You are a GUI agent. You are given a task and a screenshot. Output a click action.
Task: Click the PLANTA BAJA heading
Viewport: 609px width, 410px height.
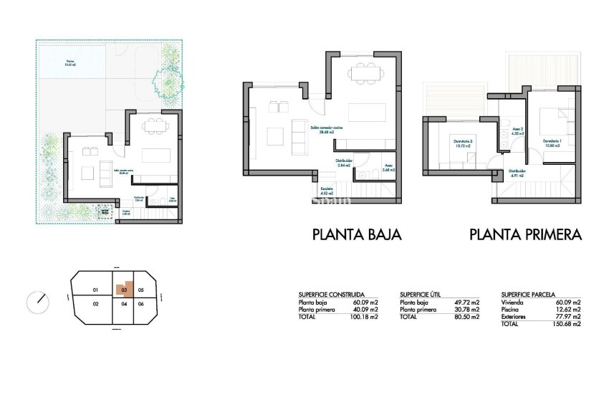coord(357,234)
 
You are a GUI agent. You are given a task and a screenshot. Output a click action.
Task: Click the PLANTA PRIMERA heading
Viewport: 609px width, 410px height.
coord(524,234)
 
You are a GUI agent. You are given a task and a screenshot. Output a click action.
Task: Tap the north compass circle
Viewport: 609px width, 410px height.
coord(38,302)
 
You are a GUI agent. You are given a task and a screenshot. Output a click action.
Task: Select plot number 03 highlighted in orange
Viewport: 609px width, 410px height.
coord(125,290)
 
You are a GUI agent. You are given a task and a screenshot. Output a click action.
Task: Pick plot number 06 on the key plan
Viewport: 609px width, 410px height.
coord(141,304)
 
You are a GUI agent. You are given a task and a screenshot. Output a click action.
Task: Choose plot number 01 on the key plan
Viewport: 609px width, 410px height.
coord(95,290)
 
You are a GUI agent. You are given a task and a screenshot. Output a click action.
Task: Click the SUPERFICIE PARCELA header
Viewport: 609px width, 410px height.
coord(530,295)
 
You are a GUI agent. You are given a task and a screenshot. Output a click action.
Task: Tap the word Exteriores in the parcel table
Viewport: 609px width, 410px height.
coord(514,316)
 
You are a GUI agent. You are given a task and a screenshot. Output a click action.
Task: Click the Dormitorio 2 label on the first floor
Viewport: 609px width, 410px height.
coord(463,141)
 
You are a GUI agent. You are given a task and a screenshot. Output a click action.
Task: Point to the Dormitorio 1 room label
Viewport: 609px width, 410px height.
coord(552,141)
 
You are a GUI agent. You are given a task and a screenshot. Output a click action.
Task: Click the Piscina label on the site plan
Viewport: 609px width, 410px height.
coord(69,62)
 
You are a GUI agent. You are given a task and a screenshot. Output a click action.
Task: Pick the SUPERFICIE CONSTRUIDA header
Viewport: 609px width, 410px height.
coord(331,295)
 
